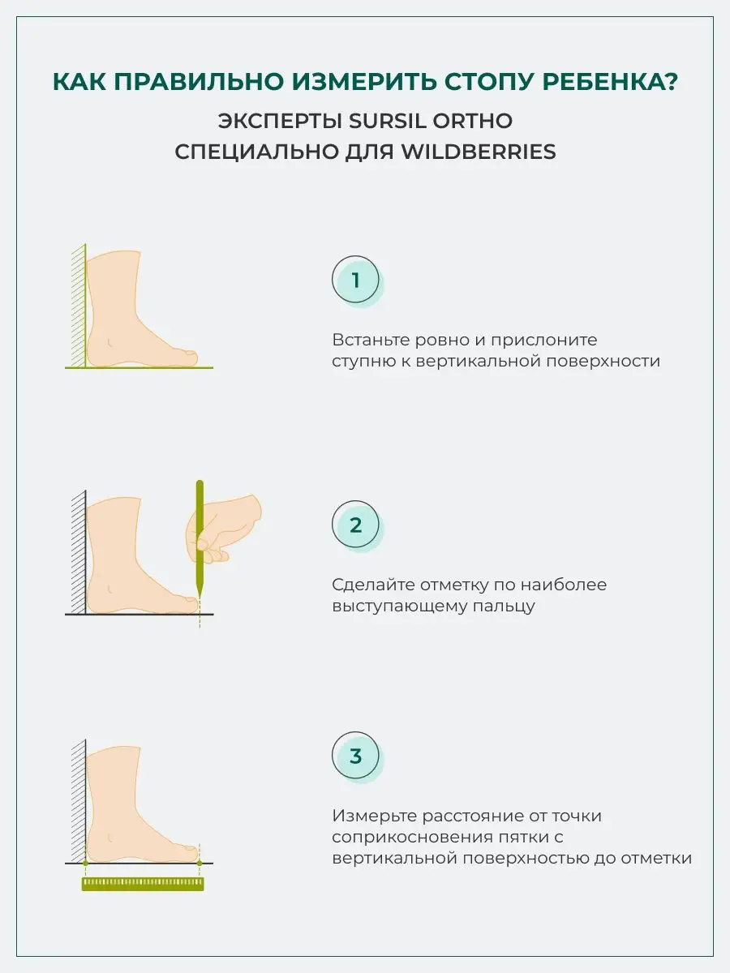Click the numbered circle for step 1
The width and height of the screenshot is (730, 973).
pyautogui.click(x=355, y=279)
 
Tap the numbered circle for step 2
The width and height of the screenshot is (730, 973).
pyautogui.click(x=355, y=525)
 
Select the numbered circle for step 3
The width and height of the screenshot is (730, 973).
pyautogui.click(x=355, y=756)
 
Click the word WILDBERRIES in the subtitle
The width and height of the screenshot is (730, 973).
pyautogui.click(x=479, y=152)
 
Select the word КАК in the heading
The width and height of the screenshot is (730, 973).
pyautogui.click(x=79, y=82)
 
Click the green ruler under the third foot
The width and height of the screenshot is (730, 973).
pyautogui.click(x=143, y=884)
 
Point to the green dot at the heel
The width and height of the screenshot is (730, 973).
pyautogui.click(x=85, y=863)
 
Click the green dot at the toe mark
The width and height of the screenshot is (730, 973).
pyautogui.click(x=200, y=863)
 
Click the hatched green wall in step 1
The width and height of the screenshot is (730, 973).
pyautogui.click(x=79, y=306)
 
